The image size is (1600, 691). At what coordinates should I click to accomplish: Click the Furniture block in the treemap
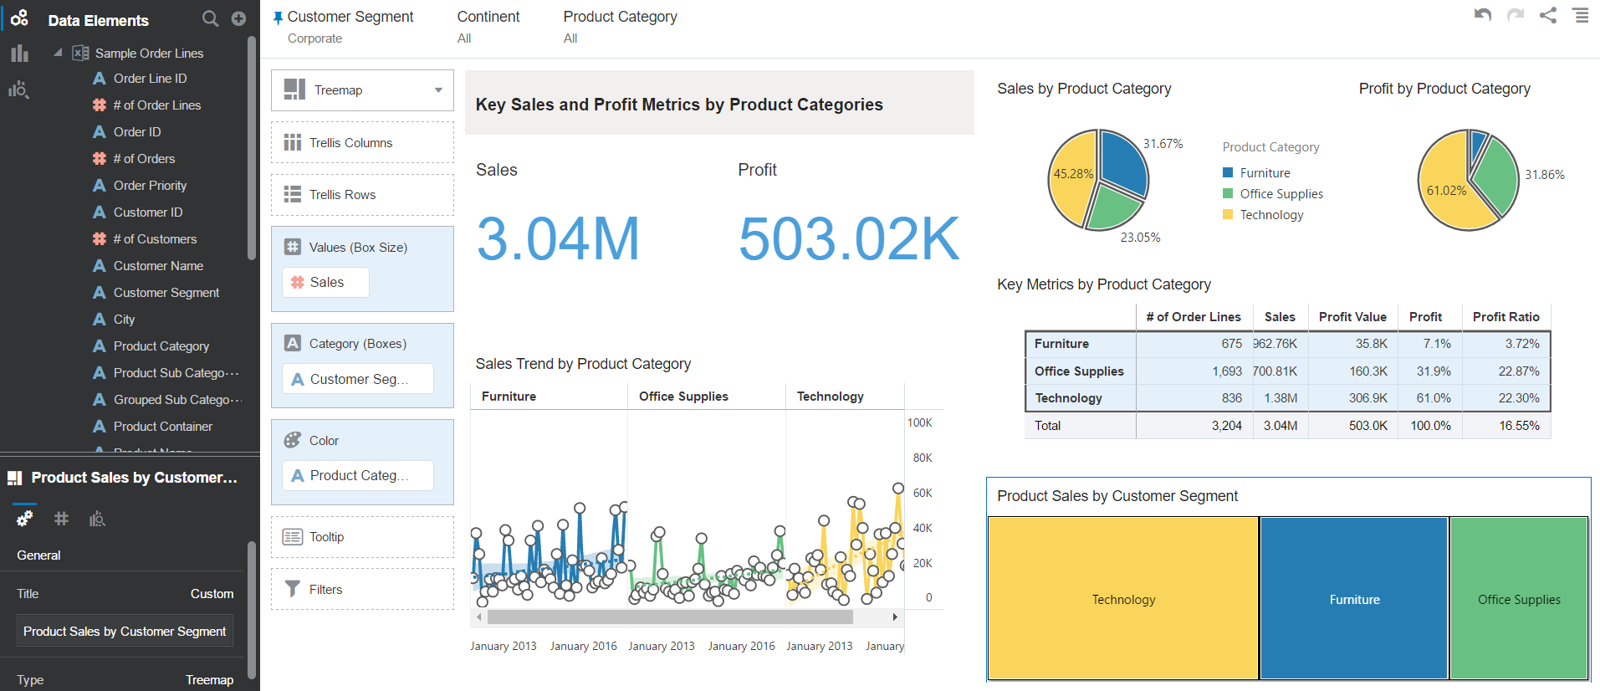coord(1354,598)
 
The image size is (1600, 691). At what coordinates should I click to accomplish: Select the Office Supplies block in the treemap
coord(1519,598)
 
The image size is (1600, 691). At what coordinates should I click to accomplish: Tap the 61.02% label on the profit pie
coord(1446,191)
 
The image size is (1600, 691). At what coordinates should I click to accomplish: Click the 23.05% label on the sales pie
coord(1140,238)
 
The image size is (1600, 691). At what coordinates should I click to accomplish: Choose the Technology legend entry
coord(1271,215)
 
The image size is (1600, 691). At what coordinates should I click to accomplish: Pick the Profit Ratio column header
coord(1505,317)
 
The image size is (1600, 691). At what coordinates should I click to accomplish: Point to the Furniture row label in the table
coord(1061,344)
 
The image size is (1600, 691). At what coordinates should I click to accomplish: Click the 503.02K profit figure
coord(848,239)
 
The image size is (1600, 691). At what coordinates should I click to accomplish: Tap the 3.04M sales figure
coord(558,239)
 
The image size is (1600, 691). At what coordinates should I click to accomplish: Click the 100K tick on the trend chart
coord(919,423)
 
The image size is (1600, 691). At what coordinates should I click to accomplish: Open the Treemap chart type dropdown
coord(362,90)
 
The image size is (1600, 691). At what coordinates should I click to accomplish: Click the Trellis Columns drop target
coord(362,143)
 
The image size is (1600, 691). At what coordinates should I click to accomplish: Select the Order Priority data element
coord(150,186)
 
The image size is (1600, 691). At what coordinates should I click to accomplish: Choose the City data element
coord(124,320)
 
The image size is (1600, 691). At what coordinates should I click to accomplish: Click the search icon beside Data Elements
coord(210,18)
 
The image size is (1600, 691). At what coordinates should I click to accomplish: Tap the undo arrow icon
coord(1483,15)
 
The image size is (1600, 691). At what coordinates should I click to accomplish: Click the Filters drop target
coord(362,590)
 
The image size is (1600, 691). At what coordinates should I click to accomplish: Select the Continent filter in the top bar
coord(488,17)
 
